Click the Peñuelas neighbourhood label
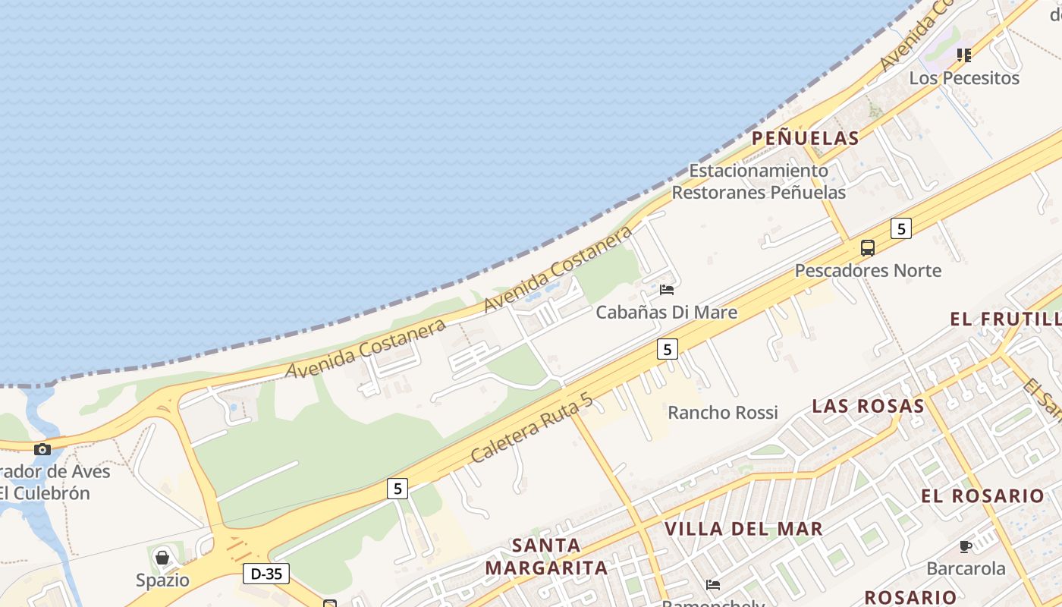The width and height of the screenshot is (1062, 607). [805, 138]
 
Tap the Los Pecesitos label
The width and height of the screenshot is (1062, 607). [963, 78]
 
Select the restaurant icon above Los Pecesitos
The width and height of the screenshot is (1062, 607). [963, 55]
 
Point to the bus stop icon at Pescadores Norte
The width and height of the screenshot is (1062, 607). [867, 247]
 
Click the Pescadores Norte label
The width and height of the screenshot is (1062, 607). [868, 270]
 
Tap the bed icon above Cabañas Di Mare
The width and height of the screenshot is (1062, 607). [667, 289]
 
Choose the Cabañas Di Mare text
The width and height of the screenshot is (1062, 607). [666, 312]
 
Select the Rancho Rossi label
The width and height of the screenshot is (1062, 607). [722, 413]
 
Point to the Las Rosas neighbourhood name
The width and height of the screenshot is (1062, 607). [868, 406]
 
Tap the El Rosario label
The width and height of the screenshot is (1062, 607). [982, 496]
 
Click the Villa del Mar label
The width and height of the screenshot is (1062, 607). [743, 529]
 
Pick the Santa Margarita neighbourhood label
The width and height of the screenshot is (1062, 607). [546, 556]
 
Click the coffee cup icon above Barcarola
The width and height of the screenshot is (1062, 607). [965, 546]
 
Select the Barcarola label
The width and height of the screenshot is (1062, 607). [966, 568]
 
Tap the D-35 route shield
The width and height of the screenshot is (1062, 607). [266, 574]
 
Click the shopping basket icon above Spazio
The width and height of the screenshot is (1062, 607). [162, 558]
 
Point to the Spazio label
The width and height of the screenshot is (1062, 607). [162, 580]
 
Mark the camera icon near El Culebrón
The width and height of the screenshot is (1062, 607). [42, 449]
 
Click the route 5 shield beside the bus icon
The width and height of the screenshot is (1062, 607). [900, 228]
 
